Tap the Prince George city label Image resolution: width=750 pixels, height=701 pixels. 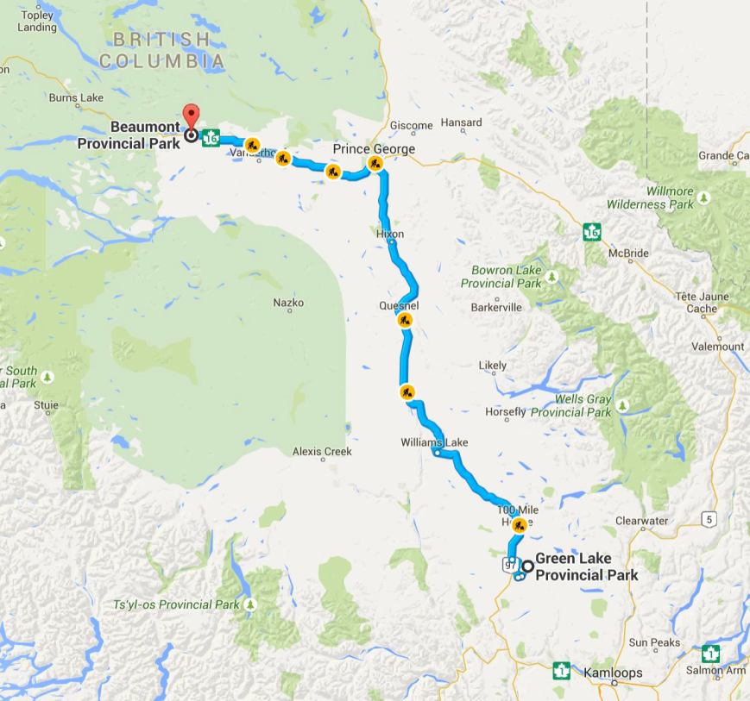point(374,149)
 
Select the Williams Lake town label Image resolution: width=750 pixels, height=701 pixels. point(434,442)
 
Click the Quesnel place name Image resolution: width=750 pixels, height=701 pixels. point(399,305)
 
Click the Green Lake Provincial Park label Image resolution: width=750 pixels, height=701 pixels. point(586,566)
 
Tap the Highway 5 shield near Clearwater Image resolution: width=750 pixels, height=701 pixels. point(709,518)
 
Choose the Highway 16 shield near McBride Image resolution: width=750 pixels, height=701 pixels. point(591,232)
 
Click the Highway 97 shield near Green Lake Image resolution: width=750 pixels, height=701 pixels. point(508,565)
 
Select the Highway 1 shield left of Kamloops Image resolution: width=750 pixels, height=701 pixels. point(562,669)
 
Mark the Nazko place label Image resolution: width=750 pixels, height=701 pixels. point(288,303)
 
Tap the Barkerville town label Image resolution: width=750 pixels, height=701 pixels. point(496,307)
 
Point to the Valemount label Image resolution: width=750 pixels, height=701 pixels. point(718,347)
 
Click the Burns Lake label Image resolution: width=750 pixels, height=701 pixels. point(77,98)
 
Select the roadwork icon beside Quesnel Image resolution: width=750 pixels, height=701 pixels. point(404,321)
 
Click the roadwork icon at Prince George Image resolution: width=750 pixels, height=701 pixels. point(375,162)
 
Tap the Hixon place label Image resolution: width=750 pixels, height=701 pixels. point(390,234)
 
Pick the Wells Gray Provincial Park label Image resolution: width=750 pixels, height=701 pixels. point(570,406)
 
